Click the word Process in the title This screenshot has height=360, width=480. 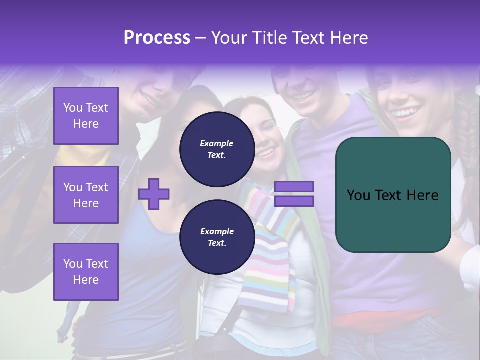[x=157, y=37]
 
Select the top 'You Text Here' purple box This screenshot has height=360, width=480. [x=86, y=116]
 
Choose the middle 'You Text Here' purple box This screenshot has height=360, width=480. [x=86, y=195]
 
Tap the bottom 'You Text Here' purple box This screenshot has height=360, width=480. [x=86, y=272]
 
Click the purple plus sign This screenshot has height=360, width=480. [x=154, y=194]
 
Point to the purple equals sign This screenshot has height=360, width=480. [x=294, y=194]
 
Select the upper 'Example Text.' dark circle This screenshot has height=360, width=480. [x=217, y=149]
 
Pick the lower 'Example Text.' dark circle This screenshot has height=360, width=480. [x=217, y=237]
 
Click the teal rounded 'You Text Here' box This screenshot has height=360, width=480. [x=393, y=195]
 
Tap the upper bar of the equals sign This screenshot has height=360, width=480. [x=294, y=186]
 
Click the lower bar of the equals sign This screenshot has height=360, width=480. [x=294, y=201]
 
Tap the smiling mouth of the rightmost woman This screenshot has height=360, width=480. [x=406, y=112]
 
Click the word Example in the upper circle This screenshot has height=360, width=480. [x=217, y=143]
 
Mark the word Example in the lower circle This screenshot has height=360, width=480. [x=217, y=231]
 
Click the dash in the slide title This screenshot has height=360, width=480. [x=200, y=37]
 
